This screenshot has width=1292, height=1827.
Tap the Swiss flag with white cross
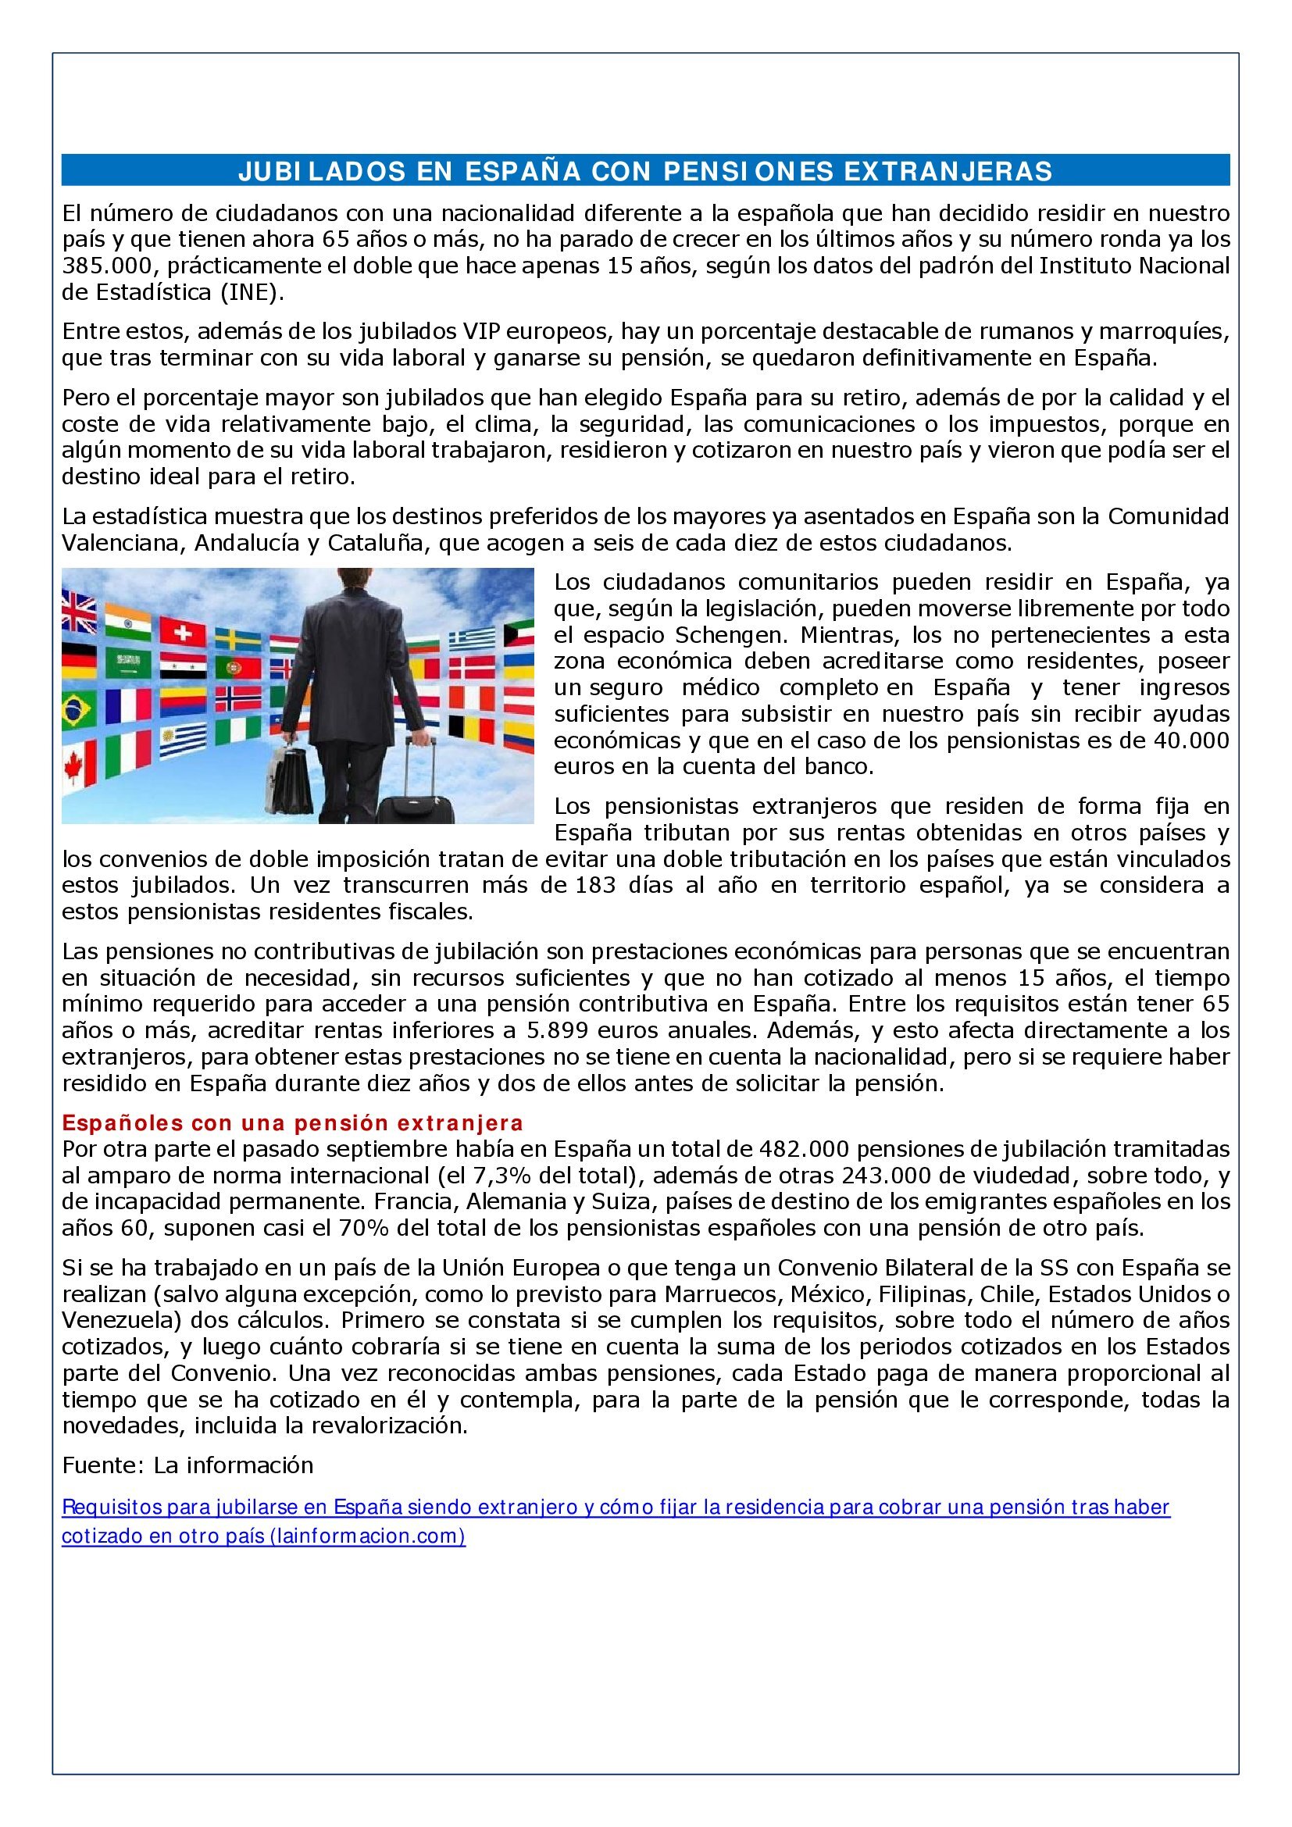(x=183, y=632)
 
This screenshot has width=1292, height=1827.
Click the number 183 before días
(x=595, y=885)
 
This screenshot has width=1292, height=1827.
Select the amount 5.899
(x=557, y=1030)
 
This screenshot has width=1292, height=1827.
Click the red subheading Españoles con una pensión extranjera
(x=293, y=1122)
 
